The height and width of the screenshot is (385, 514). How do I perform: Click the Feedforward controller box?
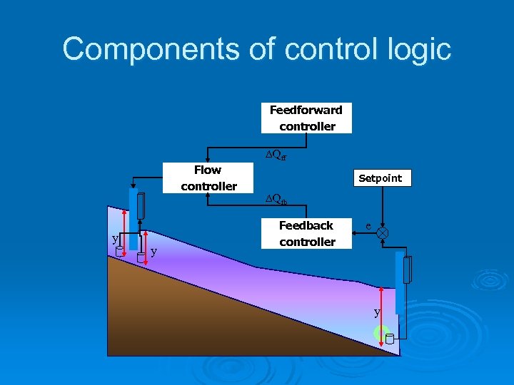[306, 118]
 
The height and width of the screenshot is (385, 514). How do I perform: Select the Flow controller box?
[208, 178]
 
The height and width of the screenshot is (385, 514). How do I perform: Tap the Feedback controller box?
[307, 234]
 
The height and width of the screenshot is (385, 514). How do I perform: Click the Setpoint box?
[380, 178]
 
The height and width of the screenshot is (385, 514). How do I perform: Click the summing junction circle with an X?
[383, 233]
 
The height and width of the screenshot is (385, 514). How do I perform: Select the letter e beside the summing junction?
[368, 225]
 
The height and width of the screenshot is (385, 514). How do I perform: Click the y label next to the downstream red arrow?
[377, 312]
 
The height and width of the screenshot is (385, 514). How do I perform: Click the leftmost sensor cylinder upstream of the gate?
[120, 251]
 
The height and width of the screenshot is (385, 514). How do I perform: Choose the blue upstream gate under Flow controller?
[133, 219]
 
